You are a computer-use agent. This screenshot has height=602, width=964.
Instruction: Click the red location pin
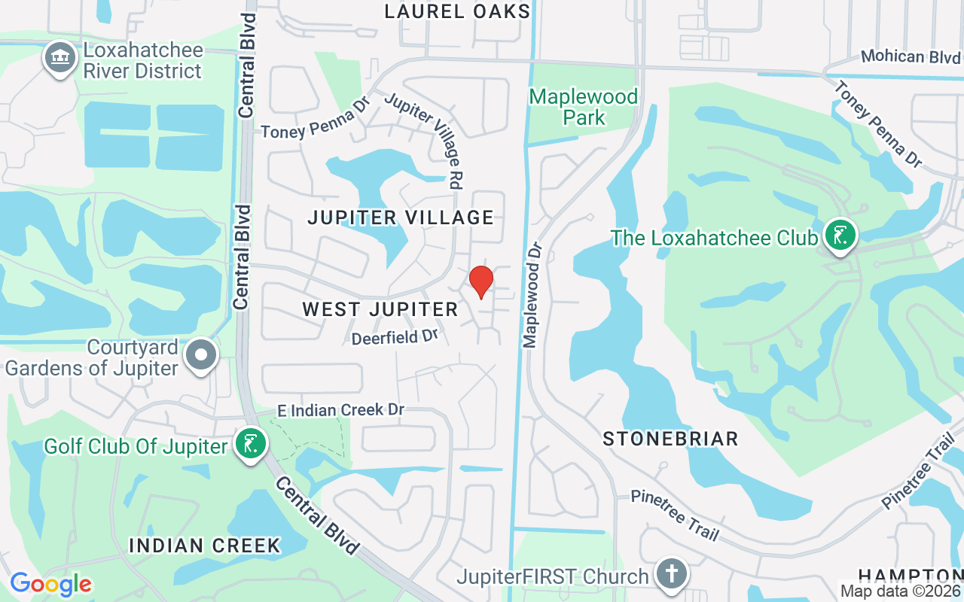click(x=481, y=281)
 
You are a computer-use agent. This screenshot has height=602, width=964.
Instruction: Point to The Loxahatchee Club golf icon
click(x=838, y=236)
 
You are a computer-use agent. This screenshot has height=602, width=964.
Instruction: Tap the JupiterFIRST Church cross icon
click(x=670, y=575)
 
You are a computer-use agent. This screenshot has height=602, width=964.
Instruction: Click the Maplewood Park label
click(x=584, y=107)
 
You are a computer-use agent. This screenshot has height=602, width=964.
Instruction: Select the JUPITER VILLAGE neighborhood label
click(x=401, y=218)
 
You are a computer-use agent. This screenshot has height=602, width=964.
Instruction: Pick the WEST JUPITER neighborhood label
click(x=380, y=309)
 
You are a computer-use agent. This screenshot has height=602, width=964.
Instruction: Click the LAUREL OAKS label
click(x=457, y=11)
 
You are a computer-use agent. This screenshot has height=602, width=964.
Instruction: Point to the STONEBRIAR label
click(x=670, y=439)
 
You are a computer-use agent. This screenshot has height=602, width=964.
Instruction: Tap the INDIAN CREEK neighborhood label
click(x=205, y=546)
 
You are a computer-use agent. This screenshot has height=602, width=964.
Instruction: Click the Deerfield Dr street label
click(x=395, y=337)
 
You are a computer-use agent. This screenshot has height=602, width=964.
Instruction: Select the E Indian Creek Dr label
click(x=341, y=410)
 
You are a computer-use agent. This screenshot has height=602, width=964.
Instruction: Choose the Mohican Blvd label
click(x=911, y=56)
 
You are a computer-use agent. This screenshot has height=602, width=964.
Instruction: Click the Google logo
click(x=50, y=584)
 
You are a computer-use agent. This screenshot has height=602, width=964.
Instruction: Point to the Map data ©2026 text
click(x=900, y=591)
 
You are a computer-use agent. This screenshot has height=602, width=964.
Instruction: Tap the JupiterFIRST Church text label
click(x=553, y=577)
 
